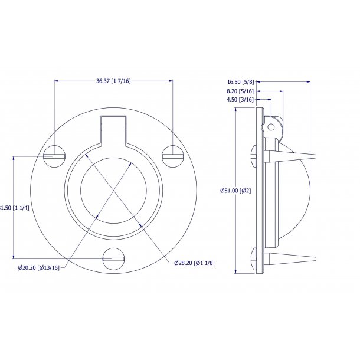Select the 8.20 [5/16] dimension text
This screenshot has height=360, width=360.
240,91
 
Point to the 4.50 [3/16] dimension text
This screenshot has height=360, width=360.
240,100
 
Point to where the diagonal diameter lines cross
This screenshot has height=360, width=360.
113,190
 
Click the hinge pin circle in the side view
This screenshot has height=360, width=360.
271,126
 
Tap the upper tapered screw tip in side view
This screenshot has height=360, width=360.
295,156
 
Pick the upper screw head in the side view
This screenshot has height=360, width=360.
254,156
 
